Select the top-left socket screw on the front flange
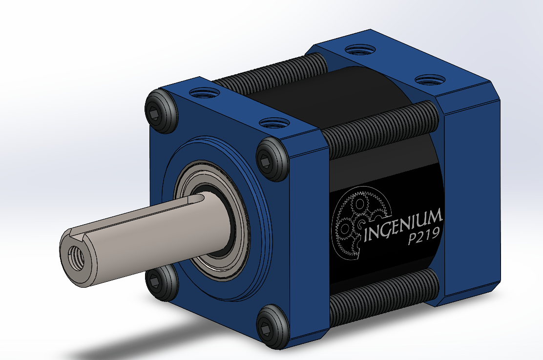161,112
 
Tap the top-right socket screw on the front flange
270,158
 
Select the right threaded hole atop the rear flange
429,79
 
